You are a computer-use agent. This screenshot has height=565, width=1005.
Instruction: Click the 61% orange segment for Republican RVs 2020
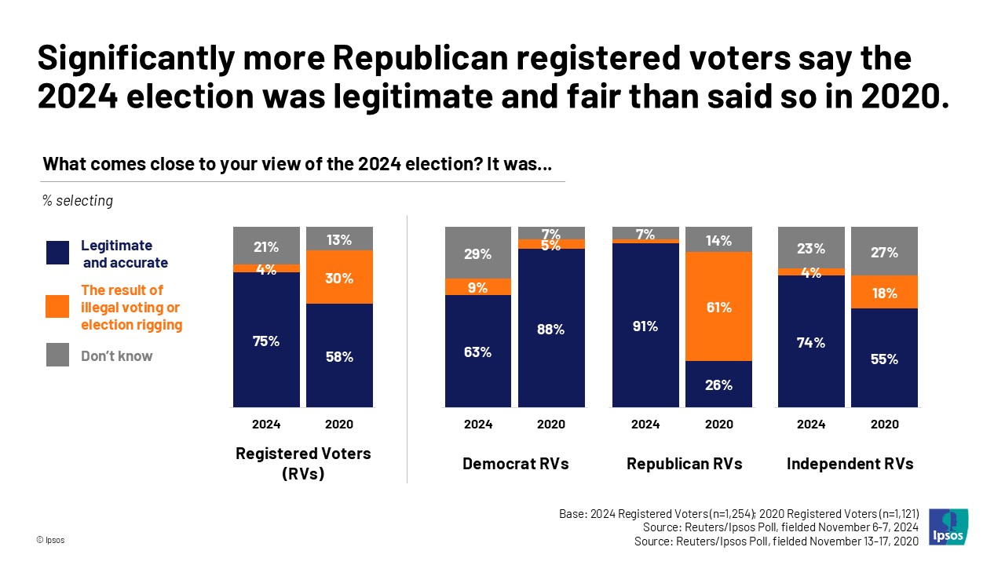coord(718,306)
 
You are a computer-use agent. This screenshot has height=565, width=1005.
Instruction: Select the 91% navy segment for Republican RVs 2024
coord(645,325)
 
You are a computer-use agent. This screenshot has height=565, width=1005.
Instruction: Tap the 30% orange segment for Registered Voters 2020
coord(339,277)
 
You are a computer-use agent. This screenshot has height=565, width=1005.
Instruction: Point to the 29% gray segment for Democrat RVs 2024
coord(477,253)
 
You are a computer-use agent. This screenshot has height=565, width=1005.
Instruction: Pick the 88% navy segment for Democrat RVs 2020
coord(550,328)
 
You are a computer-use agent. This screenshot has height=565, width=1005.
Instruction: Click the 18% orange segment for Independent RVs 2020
coord(885,292)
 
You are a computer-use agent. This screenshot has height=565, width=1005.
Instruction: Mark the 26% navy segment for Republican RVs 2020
coord(718,384)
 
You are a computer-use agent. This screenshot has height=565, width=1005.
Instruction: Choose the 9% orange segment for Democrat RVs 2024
coord(477,286)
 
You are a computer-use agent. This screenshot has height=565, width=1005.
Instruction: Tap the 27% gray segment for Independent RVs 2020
coord(885,251)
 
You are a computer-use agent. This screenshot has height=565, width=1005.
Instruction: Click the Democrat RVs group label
coord(515,464)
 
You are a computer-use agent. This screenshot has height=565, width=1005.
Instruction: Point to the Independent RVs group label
coord(850,464)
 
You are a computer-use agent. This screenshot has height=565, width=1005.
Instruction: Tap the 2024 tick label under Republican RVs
coord(645,425)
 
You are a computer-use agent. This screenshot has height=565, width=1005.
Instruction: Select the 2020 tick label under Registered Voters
coord(339,425)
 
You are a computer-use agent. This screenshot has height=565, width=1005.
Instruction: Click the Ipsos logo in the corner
coord(948,527)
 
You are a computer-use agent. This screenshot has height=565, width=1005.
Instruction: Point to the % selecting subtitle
coord(78,201)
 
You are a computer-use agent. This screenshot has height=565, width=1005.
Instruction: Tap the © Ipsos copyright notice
coord(51,541)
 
